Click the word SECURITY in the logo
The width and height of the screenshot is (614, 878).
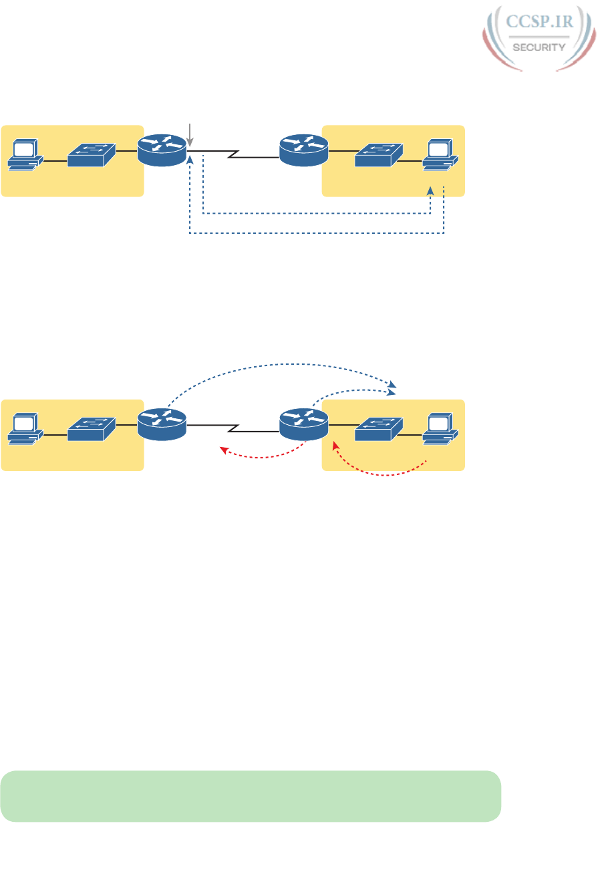(538, 47)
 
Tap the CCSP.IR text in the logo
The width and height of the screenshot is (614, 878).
(538, 23)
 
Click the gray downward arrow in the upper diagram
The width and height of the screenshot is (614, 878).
(190, 134)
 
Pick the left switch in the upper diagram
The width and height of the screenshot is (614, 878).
(92, 154)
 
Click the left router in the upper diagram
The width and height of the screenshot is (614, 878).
(162, 151)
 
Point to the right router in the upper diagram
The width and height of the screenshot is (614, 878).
(304, 151)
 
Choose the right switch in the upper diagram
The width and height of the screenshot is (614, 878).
(378, 154)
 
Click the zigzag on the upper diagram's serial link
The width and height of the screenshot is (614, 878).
(233, 155)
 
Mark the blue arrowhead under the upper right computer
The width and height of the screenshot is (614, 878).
(431, 191)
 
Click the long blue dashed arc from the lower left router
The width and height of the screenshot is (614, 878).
(281, 365)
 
